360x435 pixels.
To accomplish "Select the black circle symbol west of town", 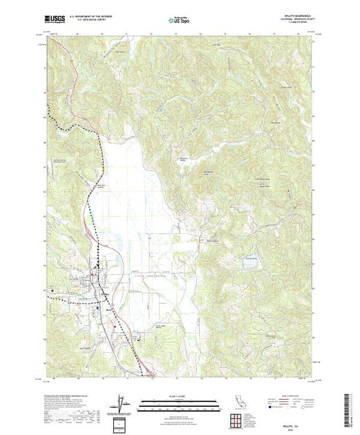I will point(50,290).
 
